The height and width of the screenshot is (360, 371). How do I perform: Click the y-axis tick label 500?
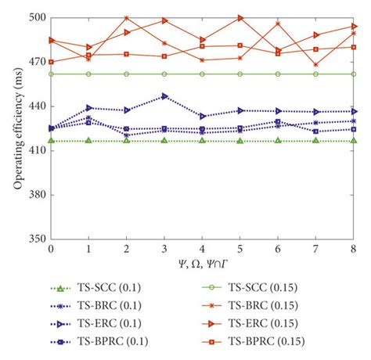point(36,18)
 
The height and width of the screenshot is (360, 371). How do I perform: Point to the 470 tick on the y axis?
point(36,62)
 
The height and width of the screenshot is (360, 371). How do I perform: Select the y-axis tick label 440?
point(36,106)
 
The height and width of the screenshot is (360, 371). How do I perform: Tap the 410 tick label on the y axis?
point(36,150)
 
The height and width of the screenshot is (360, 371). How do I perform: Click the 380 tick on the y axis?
point(36,195)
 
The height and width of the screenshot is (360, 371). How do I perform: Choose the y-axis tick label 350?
point(36,239)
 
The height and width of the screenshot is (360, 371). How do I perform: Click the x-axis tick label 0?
point(51,249)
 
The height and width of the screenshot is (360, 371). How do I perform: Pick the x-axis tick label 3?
point(164,249)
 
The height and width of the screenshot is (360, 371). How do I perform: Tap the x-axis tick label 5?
point(240,249)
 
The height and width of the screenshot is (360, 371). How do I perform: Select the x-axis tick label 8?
point(355,249)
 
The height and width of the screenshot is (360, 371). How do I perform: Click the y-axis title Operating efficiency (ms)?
point(15,128)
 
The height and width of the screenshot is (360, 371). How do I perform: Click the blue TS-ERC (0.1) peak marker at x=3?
point(164,96)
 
